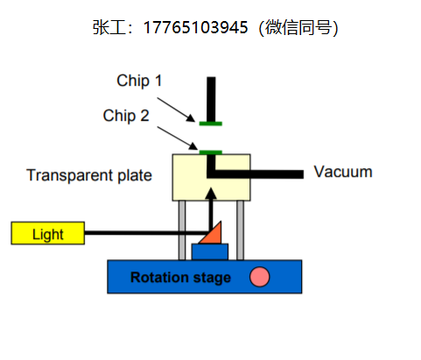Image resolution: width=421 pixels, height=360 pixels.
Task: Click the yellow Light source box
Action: point(48,233)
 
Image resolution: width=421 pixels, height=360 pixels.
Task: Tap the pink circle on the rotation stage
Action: point(259,277)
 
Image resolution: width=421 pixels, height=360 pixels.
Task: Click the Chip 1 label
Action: point(139,81)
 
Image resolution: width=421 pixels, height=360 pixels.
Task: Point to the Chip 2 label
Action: point(126,116)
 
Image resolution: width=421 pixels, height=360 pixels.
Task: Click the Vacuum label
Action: point(343,172)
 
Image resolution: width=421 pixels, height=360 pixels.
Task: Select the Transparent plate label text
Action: point(89,175)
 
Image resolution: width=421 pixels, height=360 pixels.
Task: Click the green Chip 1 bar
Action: point(211,124)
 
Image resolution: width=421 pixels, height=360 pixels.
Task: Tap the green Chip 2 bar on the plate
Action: point(211,152)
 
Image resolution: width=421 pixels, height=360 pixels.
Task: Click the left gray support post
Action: point(182,230)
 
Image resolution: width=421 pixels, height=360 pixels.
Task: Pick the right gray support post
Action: point(241,230)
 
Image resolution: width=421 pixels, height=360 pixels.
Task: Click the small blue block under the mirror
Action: point(210,251)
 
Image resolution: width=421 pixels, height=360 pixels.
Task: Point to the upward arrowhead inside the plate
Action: point(211,194)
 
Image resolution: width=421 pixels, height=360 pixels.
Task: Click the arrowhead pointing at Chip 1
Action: point(191,118)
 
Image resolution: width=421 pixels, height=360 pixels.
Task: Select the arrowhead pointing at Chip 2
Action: point(193,145)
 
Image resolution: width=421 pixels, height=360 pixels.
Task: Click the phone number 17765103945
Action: point(196,28)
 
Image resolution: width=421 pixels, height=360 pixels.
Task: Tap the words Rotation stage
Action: point(180,278)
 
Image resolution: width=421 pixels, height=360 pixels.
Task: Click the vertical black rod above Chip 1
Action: point(211,99)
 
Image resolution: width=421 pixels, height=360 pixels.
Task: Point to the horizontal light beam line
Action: point(147,233)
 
